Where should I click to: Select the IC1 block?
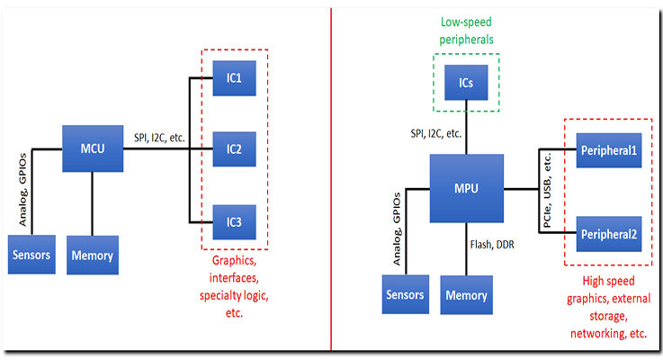[x=234, y=76]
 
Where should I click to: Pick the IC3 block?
[x=234, y=220]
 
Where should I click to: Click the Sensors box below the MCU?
[x=31, y=255]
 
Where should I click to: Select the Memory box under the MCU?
[x=92, y=255]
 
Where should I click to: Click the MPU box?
[x=466, y=190]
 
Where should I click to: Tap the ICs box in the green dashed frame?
[x=465, y=82]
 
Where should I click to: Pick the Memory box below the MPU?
[x=466, y=294]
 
